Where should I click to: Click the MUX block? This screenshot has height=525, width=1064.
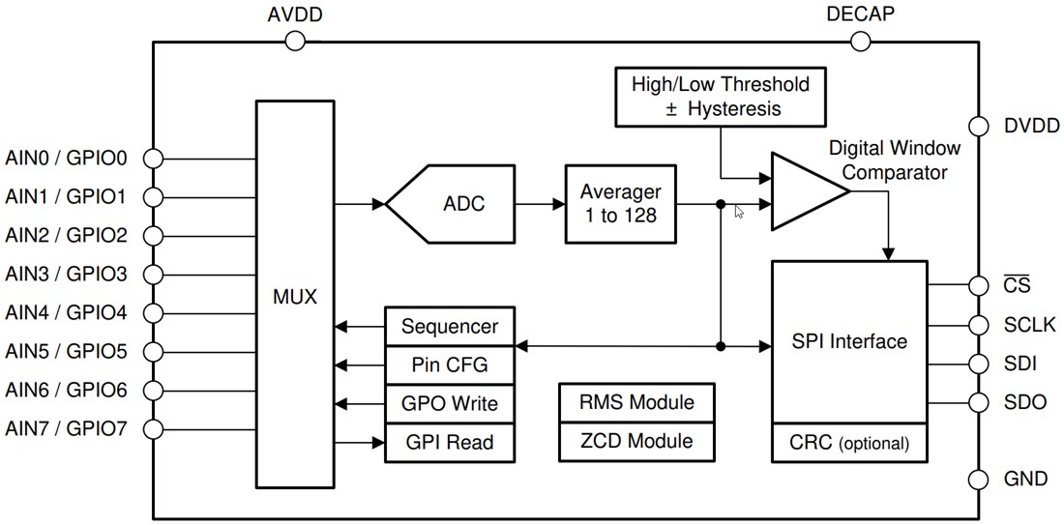coord(294,295)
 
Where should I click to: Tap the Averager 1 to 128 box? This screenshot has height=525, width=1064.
coord(619,204)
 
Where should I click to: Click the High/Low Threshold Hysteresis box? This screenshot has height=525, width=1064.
coord(721,96)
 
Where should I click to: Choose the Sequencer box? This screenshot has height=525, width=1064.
coord(449,327)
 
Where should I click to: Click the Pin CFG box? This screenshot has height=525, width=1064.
coord(449,365)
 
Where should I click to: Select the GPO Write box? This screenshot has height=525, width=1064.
coord(449,404)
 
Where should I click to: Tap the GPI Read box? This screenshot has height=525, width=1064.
coord(449,443)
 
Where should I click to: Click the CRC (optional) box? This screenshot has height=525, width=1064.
coord(849,444)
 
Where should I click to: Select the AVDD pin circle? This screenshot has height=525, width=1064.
coord(294,41)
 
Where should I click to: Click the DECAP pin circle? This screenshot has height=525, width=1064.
coord(860,41)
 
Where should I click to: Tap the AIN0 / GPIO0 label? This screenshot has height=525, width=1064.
coord(67,158)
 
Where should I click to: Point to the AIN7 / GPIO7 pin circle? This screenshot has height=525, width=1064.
coord(154,428)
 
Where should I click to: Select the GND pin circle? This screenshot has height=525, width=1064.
coord(978,480)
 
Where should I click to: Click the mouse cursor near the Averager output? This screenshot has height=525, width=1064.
coord(739,211)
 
